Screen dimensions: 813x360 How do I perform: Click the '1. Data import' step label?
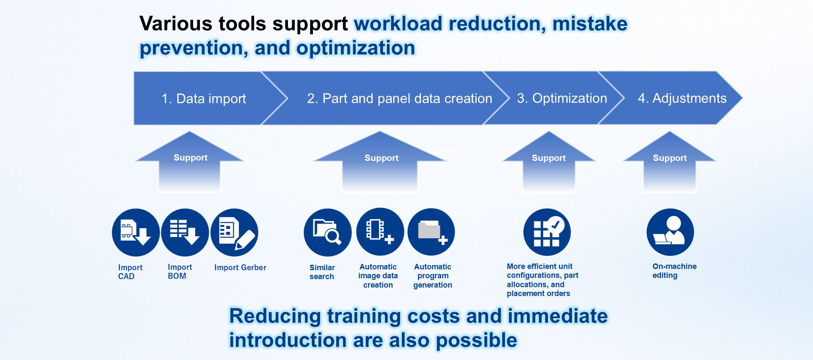coord(204,99)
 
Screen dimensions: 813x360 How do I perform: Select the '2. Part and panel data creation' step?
coord(400,99)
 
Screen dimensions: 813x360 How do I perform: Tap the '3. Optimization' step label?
coord(562,98)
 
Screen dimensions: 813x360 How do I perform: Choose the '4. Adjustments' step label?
coord(682,98)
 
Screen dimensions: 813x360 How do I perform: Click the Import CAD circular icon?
coord(135,232)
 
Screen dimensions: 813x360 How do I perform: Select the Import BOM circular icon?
coord(185,232)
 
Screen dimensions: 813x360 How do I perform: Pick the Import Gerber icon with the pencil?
coord(234,232)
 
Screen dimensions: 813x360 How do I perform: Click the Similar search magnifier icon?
coord(327,232)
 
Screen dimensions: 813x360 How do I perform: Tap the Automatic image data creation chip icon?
coord(380,232)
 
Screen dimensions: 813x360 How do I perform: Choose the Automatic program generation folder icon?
coord(431,232)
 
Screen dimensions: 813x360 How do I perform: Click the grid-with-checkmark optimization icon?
coord(547,232)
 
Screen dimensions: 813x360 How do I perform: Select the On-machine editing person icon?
coord(670,232)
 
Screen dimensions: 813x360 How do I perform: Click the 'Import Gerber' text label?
coord(240,268)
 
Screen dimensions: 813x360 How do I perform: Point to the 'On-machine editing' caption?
coord(674,271)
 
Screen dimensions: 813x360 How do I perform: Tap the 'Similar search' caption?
coord(322,272)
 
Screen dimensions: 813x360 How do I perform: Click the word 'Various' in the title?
coord(175,23)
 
